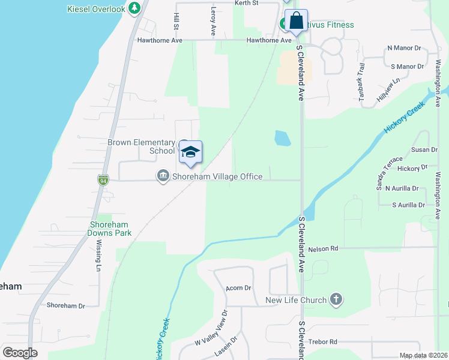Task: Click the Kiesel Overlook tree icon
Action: click(135, 8)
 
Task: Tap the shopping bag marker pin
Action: click(296, 21)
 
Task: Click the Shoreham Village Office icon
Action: click(163, 176)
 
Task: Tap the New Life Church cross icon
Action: click(336, 300)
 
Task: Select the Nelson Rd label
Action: click(323, 248)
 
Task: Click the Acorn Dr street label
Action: click(238, 288)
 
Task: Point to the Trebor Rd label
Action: click(323, 342)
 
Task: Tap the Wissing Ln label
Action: click(99, 256)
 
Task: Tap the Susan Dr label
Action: click(424, 149)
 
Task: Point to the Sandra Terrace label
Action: click(389, 173)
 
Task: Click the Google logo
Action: click(20, 353)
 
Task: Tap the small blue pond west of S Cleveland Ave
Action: click(282, 139)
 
